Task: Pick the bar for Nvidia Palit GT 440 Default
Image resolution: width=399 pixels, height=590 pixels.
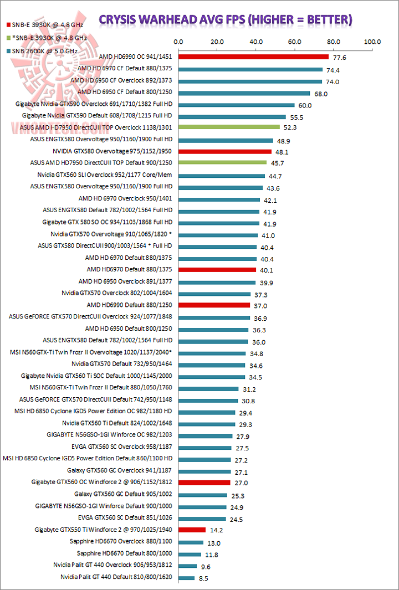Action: (x=186, y=577)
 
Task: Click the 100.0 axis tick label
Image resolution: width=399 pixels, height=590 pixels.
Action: (x=372, y=42)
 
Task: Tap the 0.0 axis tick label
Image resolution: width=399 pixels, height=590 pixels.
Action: (x=178, y=42)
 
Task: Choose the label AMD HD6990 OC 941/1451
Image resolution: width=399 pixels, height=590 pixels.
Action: (x=136, y=57)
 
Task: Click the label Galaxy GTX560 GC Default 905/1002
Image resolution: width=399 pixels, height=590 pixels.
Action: (x=121, y=494)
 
